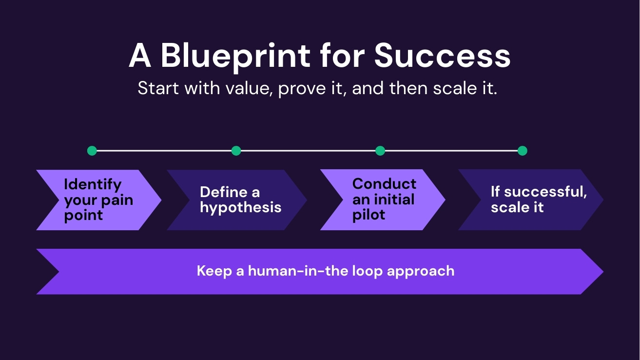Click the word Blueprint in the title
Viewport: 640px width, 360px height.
click(x=235, y=56)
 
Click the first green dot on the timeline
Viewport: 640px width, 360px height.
click(x=92, y=151)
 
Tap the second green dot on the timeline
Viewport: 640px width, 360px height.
click(x=236, y=151)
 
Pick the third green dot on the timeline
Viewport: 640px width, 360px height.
click(x=380, y=151)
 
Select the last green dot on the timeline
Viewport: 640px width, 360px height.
click(x=522, y=151)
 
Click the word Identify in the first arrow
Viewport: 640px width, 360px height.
click(x=93, y=184)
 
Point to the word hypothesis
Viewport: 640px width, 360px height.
click(x=240, y=207)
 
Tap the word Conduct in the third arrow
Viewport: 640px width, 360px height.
click(x=384, y=184)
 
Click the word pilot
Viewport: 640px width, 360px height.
click(x=368, y=215)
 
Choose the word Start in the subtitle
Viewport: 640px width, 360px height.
click(x=155, y=89)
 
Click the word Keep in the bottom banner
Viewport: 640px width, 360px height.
click(x=213, y=271)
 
